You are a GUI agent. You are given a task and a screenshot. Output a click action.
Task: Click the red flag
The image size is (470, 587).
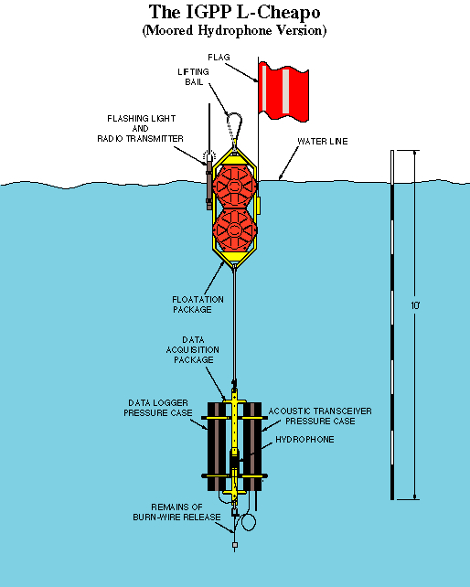(x=283, y=91)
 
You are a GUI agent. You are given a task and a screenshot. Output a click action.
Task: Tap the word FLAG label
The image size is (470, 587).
(x=219, y=58)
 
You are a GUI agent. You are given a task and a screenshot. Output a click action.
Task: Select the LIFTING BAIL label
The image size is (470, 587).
(x=193, y=77)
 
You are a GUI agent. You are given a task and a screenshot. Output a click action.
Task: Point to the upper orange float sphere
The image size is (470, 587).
(x=235, y=186)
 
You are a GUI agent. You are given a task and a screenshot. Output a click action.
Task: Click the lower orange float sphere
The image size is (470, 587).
(x=235, y=229)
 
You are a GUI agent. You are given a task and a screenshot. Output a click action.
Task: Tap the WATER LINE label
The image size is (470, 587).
(x=323, y=141)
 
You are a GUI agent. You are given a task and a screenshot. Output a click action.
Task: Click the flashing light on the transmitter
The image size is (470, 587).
(x=209, y=155)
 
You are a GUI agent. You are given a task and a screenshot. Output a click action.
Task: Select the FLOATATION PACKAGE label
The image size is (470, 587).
(x=198, y=304)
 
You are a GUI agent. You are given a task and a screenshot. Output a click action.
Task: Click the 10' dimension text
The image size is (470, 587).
(x=415, y=305)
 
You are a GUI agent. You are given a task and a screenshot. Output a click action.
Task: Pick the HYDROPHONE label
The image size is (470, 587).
(x=304, y=439)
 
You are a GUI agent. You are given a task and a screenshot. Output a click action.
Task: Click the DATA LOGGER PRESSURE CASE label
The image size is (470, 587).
(x=158, y=408)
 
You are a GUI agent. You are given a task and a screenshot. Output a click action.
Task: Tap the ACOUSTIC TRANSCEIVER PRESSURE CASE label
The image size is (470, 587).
(x=320, y=416)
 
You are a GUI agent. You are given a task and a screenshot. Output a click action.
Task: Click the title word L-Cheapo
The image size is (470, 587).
(x=278, y=12)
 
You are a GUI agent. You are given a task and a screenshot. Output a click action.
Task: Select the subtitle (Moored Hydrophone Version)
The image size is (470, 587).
(x=234, y=30)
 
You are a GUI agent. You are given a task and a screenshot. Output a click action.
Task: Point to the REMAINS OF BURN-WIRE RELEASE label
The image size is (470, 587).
(x=176, y=512)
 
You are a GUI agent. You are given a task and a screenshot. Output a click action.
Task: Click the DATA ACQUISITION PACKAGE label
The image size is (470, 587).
(x=193, y=349)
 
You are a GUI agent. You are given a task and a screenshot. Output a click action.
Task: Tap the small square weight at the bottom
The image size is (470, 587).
(x=235, y=545)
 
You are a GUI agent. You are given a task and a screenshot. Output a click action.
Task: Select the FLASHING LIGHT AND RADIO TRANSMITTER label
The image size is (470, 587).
(x=141, y=128)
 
